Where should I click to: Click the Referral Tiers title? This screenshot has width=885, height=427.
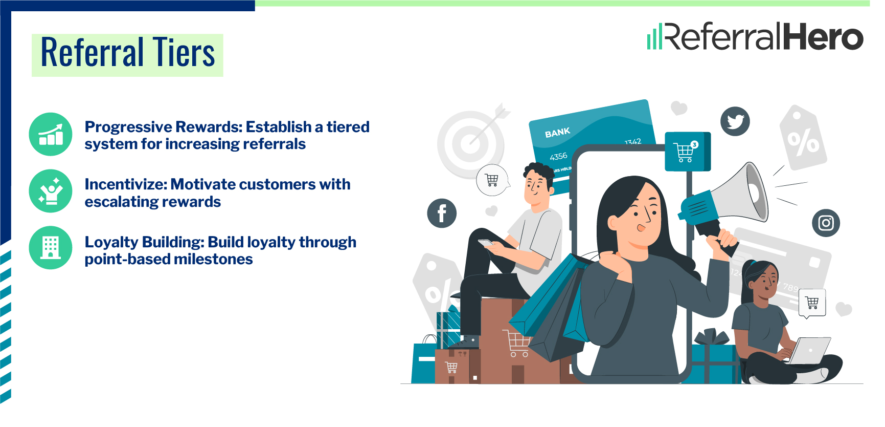[127, 53]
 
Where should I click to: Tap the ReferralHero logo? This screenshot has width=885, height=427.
[755, 37]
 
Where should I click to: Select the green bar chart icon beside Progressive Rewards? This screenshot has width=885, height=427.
[51, 134]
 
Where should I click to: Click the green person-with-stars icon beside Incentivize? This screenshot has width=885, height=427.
[51, 191]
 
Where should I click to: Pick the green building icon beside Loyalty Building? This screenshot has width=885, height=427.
[51, 248]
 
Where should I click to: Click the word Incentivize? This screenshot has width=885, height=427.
[125, 184]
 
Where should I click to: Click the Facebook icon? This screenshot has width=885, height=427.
[442, 213]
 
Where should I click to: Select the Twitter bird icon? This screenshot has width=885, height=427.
[735, 121]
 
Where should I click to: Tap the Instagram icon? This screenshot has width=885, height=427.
[826, 223]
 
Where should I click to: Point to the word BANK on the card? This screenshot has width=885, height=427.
[557, 133]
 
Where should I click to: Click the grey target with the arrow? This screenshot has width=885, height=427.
[470, 143]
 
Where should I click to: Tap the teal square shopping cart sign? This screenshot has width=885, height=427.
[687, 152]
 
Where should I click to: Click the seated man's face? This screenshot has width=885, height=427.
[536, 187]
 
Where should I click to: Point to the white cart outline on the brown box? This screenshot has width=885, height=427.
[517, 343]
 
